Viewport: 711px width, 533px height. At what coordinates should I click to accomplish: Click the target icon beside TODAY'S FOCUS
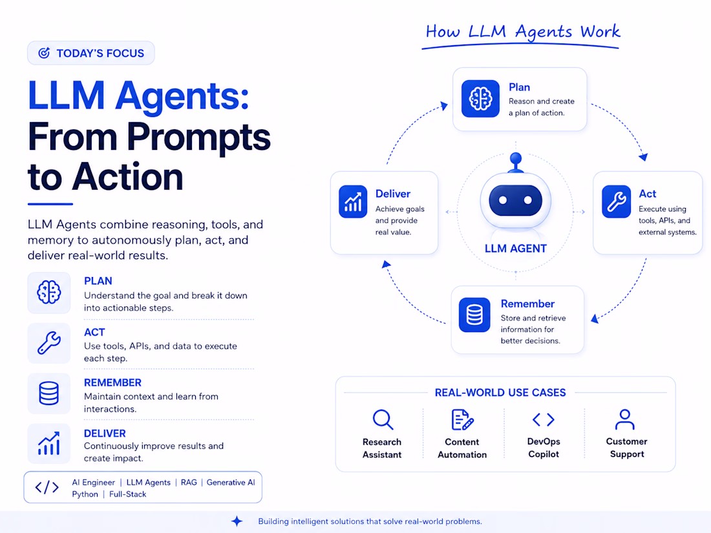[44, 53]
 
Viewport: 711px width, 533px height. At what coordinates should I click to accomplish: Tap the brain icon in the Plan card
[480, 98]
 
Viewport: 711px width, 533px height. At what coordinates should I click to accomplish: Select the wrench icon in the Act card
[616, 201]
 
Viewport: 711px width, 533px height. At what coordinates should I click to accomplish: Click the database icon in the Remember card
[474, 315]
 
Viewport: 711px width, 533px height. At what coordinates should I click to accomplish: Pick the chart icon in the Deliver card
[353, 201]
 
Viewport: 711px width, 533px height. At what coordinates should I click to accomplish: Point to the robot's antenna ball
[516, 159]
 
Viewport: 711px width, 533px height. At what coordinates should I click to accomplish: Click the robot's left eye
[502, 200]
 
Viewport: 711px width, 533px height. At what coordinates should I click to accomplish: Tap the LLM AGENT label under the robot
[516, 248]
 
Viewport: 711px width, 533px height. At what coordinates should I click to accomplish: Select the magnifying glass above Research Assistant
[383, 420]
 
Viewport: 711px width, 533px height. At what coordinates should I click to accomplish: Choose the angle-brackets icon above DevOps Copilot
[543, 420]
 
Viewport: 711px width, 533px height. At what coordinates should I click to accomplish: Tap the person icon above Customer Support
[625, 419]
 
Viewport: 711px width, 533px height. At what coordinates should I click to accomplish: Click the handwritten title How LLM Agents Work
[522, 32]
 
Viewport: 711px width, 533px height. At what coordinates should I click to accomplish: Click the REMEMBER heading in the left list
[112, 382]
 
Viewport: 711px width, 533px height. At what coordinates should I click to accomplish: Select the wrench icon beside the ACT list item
[49, 342]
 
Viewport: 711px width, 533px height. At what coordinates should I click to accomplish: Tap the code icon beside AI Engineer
[47, 487]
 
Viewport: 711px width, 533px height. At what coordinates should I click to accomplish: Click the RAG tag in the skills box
[189, 482]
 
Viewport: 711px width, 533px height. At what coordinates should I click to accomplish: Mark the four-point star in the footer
[237, 521]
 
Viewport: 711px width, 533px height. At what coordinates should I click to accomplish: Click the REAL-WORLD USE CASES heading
[500, 393]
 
